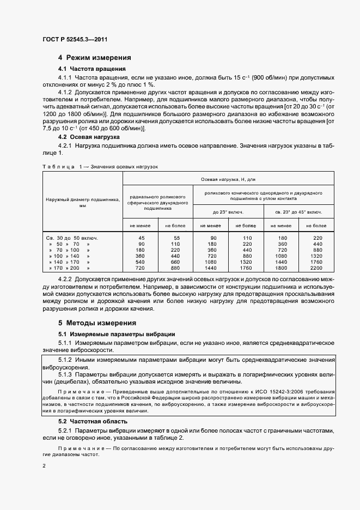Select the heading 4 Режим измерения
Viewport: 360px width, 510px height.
pos(95,57)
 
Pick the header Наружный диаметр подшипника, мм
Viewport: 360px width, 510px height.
pos(83,203)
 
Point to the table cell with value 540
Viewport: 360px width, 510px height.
pos(141,261)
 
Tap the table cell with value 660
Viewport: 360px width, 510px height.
pos(175,261)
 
